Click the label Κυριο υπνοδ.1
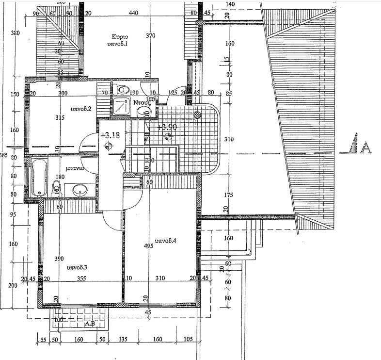[x=119, y=40]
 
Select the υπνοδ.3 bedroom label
[x=76, y=267]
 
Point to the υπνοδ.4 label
[x=165, y=241]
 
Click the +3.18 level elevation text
[x=108, y=135]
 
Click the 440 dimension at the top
[x=134, y=14]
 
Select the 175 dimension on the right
[x=229, y=196]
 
